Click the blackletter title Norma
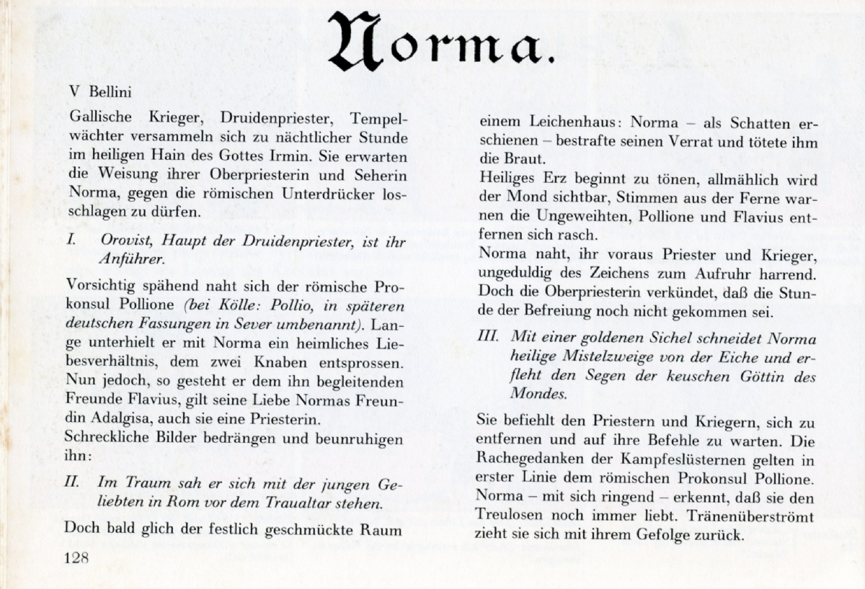tap(441, 42)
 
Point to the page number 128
tap(76, 558)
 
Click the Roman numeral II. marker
tap(72, 482)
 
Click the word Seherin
tap(378, 176)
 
